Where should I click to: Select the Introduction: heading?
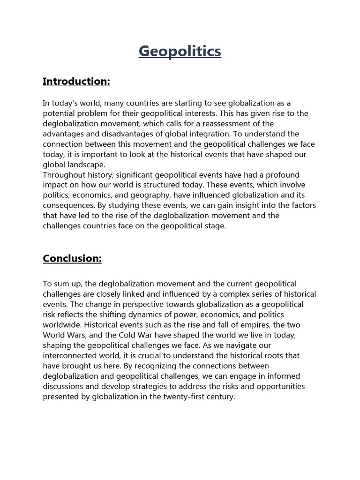point(76,82)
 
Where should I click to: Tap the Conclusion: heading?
point(72,258)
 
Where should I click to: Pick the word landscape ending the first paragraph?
point(88,165)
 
